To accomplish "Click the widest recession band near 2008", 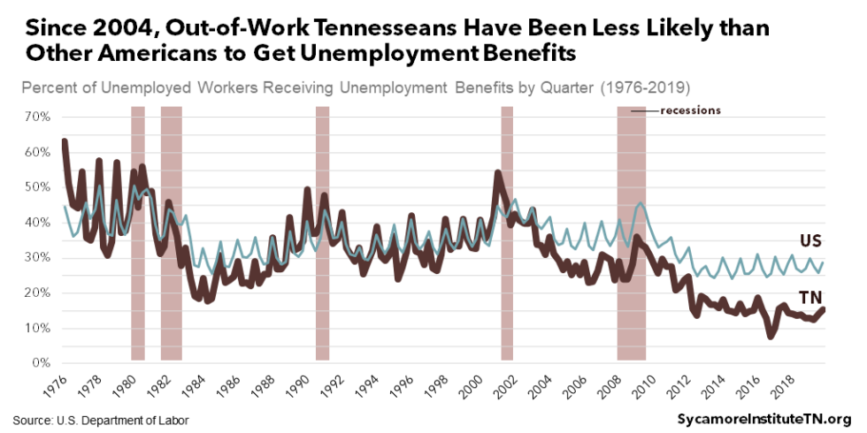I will tap(631, 233).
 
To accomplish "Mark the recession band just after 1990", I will tap(322, 233).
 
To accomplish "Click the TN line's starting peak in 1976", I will tap(65, 141).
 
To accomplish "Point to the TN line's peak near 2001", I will tap(497, 173).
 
